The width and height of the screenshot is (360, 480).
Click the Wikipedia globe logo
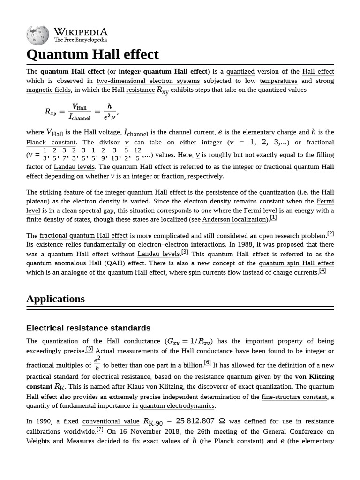point(37,35)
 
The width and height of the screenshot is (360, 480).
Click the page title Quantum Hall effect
point(92,54)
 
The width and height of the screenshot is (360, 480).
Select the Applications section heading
point(55,299)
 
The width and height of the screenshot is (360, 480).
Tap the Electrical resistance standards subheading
point(88,328)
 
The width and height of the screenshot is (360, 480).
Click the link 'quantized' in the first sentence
point(240,72)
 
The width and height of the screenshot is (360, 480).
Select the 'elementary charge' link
point(269,132)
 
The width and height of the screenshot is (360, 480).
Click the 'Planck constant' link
point(51,142)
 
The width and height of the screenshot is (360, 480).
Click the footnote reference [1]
point(273,217)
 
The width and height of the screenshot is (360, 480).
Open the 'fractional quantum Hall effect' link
point(83,235)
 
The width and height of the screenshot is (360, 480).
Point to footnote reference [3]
point(185,252)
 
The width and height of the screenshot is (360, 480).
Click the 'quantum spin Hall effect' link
point(296,263)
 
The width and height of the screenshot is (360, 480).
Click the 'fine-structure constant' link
point(294,397)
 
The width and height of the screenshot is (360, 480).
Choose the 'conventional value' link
point(111,421)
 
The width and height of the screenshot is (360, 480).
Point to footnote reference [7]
point(100,429)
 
